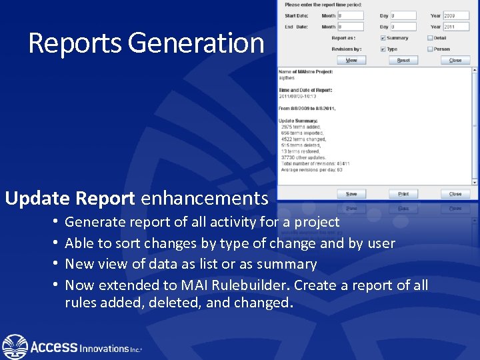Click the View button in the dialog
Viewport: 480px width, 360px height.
(x=351, y=60)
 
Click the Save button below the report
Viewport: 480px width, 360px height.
(x=351, y=194)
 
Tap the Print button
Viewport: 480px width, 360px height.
(x=403, y=194)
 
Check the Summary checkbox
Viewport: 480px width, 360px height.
(x=383, y=38)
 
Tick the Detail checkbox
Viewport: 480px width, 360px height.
(x=430, y=38)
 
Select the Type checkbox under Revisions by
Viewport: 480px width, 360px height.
(x=383, y=49)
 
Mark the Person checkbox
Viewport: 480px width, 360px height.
(x=430, y=49)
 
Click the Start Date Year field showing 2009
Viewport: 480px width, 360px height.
(x=458, y=15)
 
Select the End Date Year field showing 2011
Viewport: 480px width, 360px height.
(x=458, y=27)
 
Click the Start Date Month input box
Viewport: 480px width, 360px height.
(x=351, y=15)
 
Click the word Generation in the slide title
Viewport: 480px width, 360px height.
(x=196, y=43)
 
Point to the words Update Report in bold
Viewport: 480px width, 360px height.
(x=70, y=198)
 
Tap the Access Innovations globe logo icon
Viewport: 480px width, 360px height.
(x=15, y=347)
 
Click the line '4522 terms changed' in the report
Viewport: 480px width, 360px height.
(x=301, y=139)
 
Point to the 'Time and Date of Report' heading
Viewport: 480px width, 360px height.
(x=305, y=90)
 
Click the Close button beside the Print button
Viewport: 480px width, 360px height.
(x=455, y=194)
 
